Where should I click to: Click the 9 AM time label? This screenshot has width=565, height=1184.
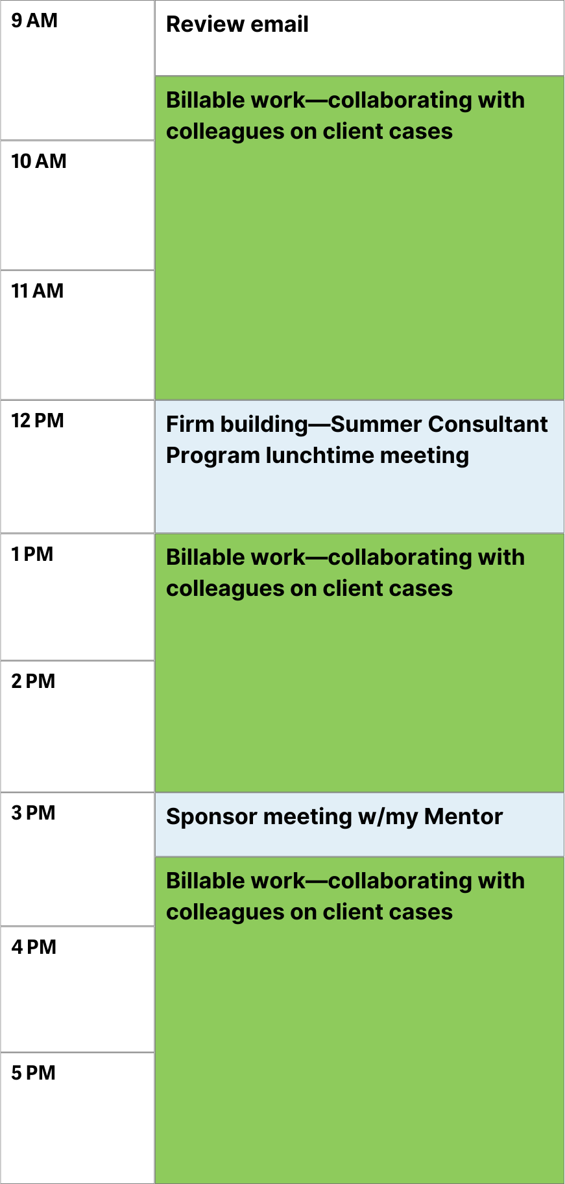(x=34, y=21)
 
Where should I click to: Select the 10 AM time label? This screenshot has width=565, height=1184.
(x=39, y=161)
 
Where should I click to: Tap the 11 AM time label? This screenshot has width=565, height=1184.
(x=38, y=291)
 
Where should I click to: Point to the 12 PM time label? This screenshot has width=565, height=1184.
(x=38, y=421)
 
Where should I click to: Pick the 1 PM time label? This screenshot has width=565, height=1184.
(x=32, y=554)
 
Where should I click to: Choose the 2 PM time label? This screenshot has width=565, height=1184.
(x=33, y=681)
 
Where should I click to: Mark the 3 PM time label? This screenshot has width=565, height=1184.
(x=33, y=813)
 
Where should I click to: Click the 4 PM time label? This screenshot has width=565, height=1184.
(x=34, y=947)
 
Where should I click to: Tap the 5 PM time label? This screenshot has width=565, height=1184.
(x=33, y=1073)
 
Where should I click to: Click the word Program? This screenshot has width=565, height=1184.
(x=213, y=456)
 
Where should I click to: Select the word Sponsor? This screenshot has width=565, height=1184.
(x=212, y=817)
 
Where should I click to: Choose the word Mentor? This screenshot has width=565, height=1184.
(x=464, y=816)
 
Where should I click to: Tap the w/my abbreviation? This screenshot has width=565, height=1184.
(x=388, y=818)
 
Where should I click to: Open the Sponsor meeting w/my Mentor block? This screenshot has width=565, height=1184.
(x=359, y=825)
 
